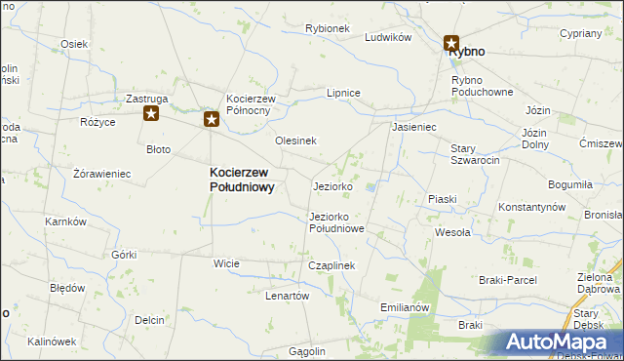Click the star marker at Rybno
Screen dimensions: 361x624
(x=451, y=43)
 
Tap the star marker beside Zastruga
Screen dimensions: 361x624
(x=151, y=114)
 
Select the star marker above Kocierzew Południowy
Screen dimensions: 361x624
(x=212, y=120)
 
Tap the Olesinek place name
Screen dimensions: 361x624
(x=295, y=140)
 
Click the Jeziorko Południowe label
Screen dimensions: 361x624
(x=336, y=222)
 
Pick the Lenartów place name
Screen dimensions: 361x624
(x=287, y=296)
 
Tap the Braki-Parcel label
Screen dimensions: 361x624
(x=507, y=280)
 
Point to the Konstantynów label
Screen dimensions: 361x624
(x=531, y=208)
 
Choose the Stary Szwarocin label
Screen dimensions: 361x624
(x=475, y=154)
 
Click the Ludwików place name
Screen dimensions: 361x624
(x=388, y=37)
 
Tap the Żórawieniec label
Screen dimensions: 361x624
(x=101, y=174)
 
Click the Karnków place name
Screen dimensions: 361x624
(x=66, y=221)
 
